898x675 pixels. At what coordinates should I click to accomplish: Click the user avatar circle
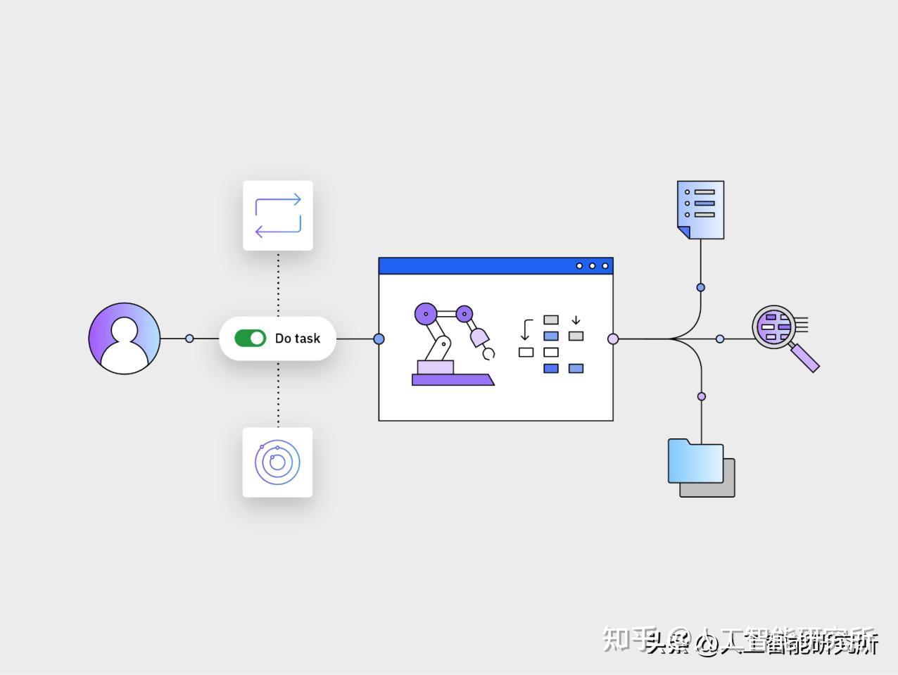125,339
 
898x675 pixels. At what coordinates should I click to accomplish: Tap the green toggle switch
250,339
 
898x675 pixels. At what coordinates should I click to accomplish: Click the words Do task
297,339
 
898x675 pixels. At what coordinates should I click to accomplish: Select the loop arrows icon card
278,215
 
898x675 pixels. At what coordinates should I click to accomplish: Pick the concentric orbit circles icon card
277,462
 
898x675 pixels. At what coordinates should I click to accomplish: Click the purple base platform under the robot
453,380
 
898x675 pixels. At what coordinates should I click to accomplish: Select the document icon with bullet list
701,209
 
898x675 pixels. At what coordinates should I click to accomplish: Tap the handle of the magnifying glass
805,358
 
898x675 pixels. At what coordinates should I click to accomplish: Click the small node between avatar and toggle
189,339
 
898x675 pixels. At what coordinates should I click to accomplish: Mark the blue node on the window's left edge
379,339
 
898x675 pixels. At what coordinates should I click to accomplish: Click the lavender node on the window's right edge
613,339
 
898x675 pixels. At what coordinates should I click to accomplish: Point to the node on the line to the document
701,287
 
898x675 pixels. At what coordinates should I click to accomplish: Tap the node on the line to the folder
702,396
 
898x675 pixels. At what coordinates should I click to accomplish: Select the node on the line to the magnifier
720,339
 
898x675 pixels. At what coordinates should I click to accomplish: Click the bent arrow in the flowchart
526,329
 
